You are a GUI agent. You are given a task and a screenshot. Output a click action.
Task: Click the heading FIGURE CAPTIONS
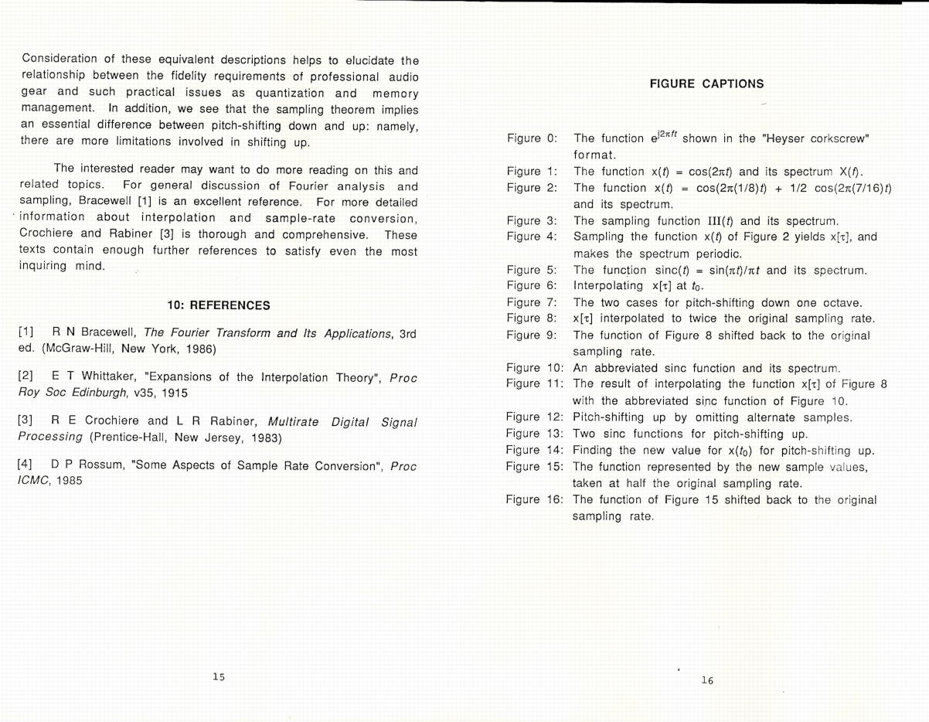(706, 83)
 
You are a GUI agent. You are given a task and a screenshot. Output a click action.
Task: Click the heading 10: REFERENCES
(219, 305)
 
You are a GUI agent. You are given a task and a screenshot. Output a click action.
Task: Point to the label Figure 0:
(532, 138)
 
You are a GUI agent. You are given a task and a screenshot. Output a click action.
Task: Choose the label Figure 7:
(532, 302)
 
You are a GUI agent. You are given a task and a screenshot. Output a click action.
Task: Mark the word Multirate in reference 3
(297, 421)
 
